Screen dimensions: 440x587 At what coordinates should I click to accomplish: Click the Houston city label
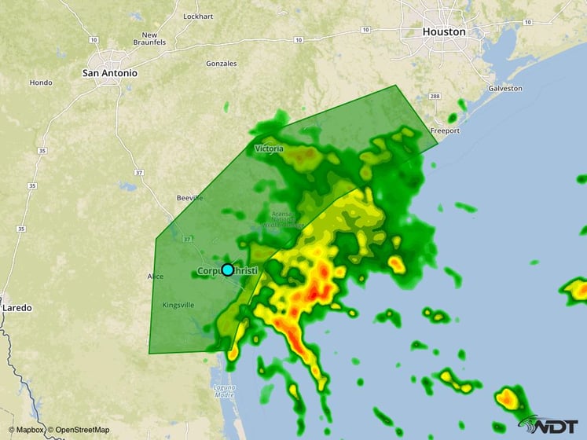pos(444,32)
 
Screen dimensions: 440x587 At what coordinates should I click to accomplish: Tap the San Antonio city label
pos(110,73)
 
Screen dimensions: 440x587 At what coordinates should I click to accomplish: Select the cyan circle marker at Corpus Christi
pos(228,269)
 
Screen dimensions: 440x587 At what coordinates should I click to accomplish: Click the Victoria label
pos(270,148)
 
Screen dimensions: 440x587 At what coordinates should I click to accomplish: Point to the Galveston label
pos(504,89)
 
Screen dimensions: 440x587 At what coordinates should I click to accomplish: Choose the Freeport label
pos(445,131)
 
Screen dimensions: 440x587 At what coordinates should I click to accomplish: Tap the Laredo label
pos(17,308)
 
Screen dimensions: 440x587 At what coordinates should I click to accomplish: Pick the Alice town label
pos(155,277)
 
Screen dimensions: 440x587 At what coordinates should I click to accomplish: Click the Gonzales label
pos(221,63)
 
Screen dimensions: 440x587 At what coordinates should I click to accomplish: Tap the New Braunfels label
pos(149,38)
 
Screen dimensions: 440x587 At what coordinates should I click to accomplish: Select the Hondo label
pos(41,82)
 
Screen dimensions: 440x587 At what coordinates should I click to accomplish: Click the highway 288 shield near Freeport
pos(435,97)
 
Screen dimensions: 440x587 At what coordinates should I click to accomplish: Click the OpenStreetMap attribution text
pos(79,431)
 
